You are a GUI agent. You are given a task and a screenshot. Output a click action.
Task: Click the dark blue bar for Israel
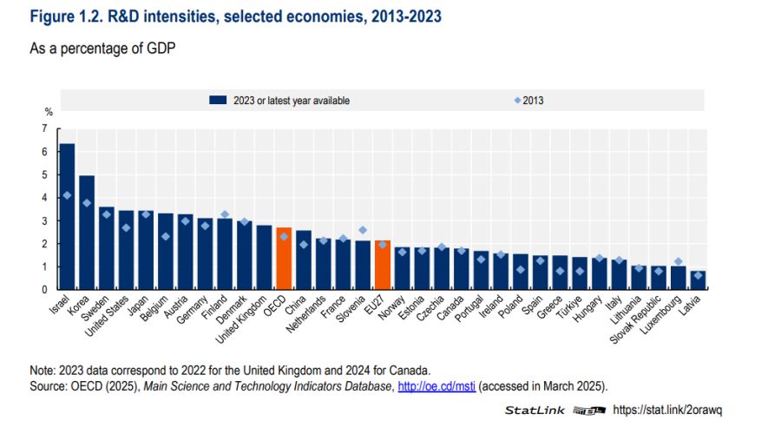click(x=67, y=216)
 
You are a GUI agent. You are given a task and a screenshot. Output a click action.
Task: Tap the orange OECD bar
click(x=283, y=259)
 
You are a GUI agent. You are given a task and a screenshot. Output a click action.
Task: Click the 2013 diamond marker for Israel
click(x=67, y=195)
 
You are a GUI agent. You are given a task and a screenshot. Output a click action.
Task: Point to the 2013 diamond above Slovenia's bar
click(x=362, y=230)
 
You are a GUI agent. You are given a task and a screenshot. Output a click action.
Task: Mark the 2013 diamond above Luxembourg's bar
click(x=678, y=261)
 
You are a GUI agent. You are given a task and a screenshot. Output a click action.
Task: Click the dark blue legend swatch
click(x=218, y=101)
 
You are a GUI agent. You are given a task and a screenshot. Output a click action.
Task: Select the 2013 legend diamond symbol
click(x=518, y=101)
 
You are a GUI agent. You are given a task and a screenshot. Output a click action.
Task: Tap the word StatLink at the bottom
click(x=535, y=410)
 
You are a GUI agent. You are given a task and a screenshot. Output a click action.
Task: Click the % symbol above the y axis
click(x=49, y=112)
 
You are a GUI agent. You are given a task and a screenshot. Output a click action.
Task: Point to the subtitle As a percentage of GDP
click(x=103, y=49)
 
